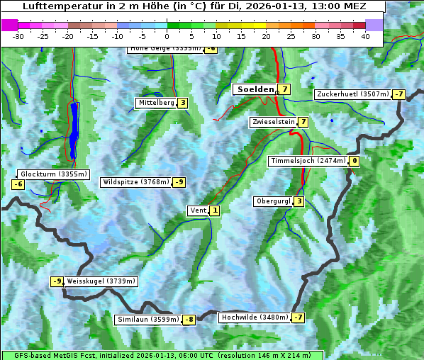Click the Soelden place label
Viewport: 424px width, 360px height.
(255, 89)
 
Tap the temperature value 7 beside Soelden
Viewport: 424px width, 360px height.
(284, 89)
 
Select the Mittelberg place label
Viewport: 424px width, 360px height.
(156, 103)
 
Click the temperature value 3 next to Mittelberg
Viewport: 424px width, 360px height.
(183, 103)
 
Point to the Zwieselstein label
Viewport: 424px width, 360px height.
(273, 122)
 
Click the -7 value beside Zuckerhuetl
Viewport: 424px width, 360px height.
(399, 94)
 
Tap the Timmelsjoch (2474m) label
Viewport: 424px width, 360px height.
(308, 161)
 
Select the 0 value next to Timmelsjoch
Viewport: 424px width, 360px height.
(355, 161)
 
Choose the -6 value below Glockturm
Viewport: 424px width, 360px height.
(18, 184)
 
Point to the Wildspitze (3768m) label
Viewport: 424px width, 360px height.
(136, 182)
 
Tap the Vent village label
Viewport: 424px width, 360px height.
(198, 210)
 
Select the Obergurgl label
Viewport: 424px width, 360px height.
(273, 201)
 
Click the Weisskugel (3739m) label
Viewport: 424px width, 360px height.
(101, 281)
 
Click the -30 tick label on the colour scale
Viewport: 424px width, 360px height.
(18, 36)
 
